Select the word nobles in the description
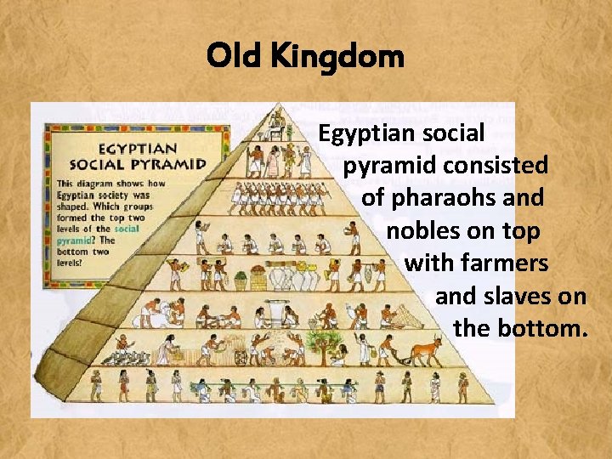point(422,230)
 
